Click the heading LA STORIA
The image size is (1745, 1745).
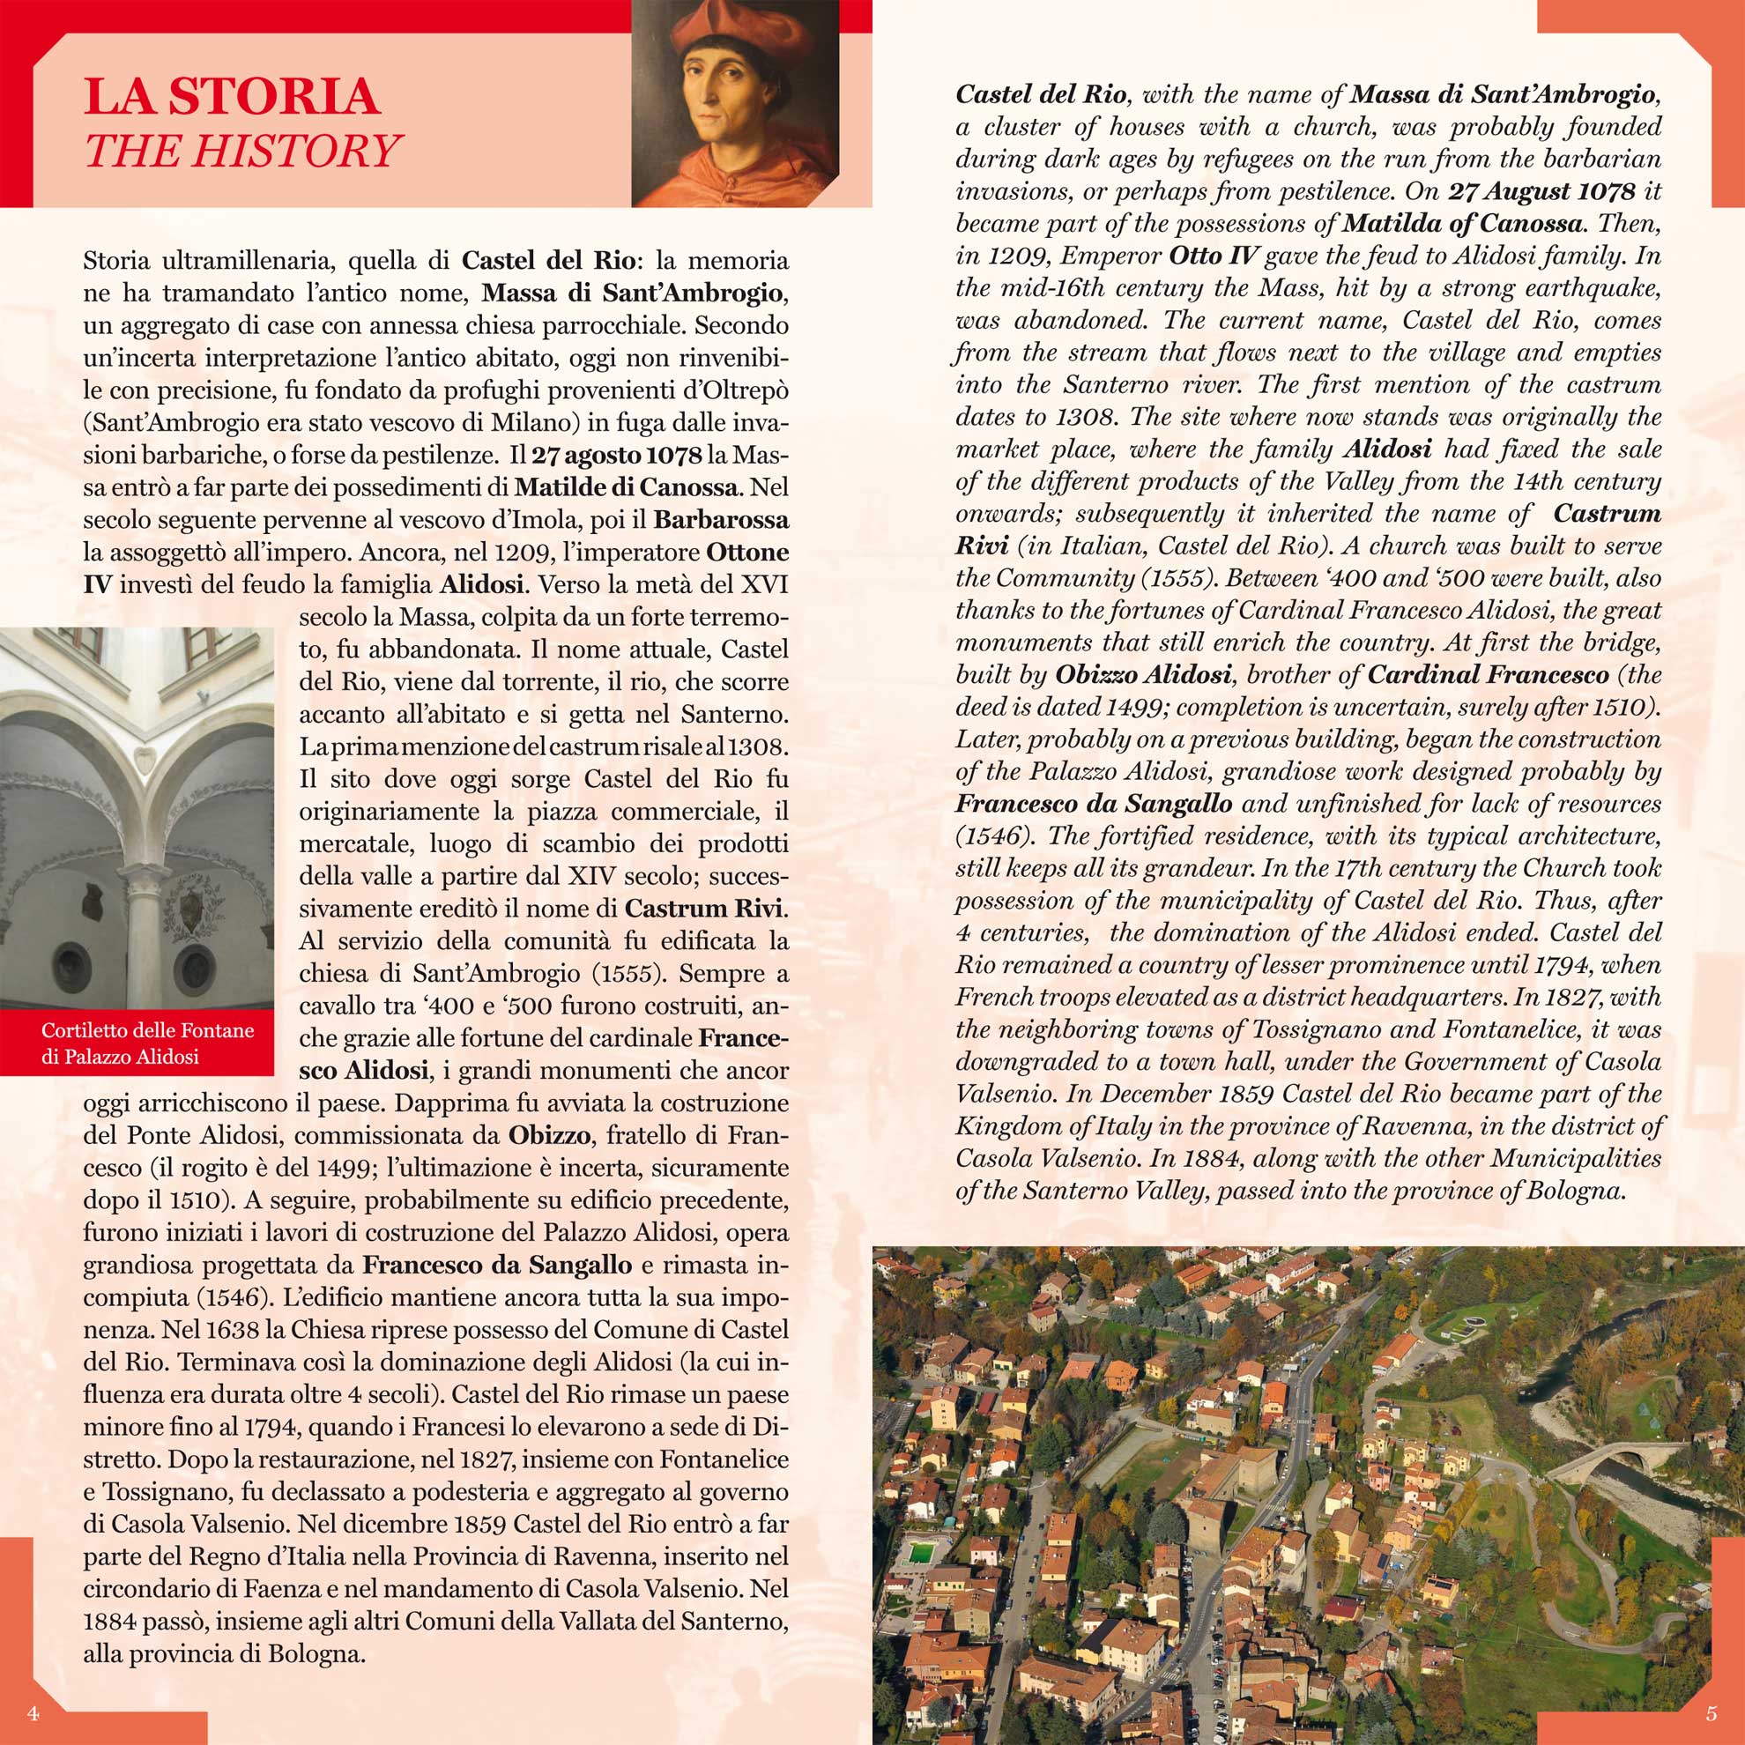[231, 97]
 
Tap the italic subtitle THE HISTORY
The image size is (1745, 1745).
[242, 151]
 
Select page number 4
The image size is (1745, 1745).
[33, 1712]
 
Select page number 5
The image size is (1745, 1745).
[1711, 1712]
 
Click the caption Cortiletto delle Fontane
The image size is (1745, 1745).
[148, 1030]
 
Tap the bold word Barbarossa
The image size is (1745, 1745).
[721, 520]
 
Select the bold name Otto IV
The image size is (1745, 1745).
[1213, 256]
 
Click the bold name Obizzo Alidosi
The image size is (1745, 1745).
[1142, 675]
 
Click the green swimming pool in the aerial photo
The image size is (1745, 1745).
[922, 1553]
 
